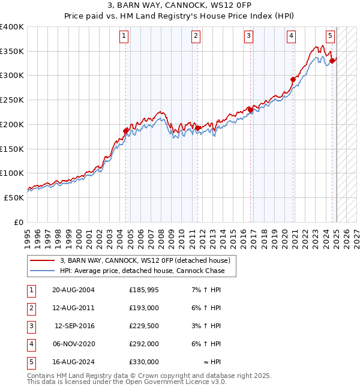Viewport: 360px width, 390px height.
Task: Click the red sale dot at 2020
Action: (293, 79)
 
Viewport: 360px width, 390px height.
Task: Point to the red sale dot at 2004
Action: (126, 131)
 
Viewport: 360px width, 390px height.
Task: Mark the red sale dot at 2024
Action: (332, 61)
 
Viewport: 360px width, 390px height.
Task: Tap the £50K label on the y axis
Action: (14, 197)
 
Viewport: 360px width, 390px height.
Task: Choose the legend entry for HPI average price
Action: (142, 271)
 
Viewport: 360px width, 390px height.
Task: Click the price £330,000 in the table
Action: (144, 362)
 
